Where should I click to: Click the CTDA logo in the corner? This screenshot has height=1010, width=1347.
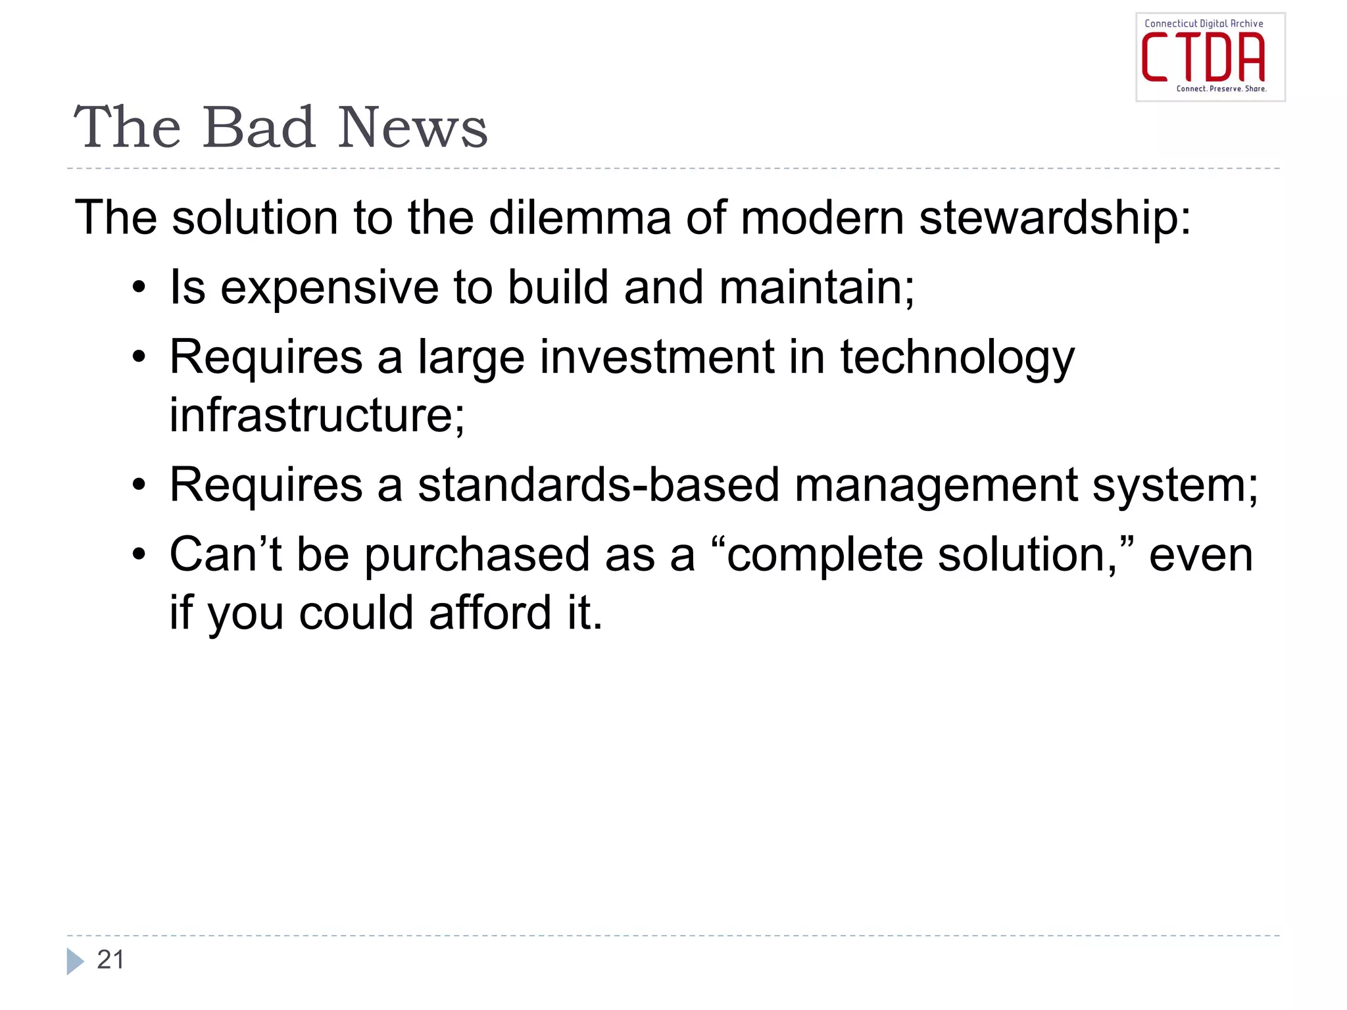[1210, 57]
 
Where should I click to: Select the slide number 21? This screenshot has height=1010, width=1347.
[110, 960]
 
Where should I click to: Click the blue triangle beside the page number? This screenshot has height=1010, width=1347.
[75, 961]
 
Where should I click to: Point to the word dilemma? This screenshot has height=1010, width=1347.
[579, 218]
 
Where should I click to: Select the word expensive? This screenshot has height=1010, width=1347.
[329, 287]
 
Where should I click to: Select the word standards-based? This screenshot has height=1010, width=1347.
[599, 485]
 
